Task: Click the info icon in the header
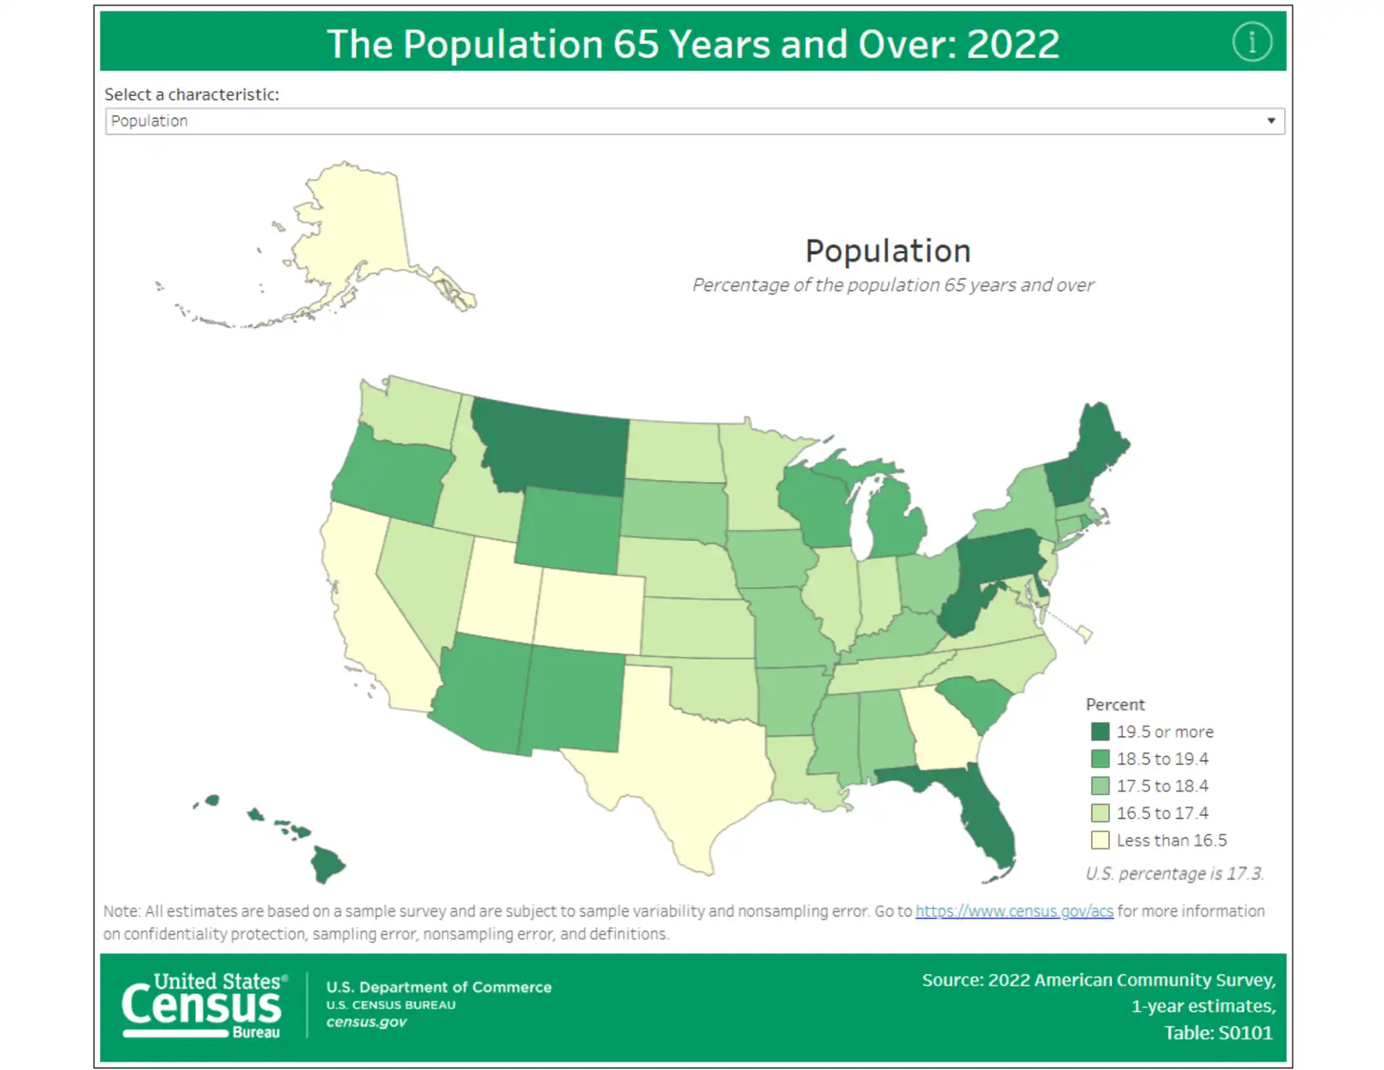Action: (1252, 42)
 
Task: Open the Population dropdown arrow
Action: (1271, 121)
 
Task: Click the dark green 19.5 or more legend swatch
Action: (1100, 732)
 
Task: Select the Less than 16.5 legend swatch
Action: (1100, 840)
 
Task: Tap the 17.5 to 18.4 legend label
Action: (1162, 786)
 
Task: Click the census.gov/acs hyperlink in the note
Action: (1014, 911)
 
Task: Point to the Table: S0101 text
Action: (1218, 1033)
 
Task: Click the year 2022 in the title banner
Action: (1012, 44)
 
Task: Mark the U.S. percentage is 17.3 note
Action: (1175, 874)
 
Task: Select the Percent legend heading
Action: (1115, 704)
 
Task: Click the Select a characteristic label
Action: (192, 95)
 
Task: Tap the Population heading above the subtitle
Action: (887, 251)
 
